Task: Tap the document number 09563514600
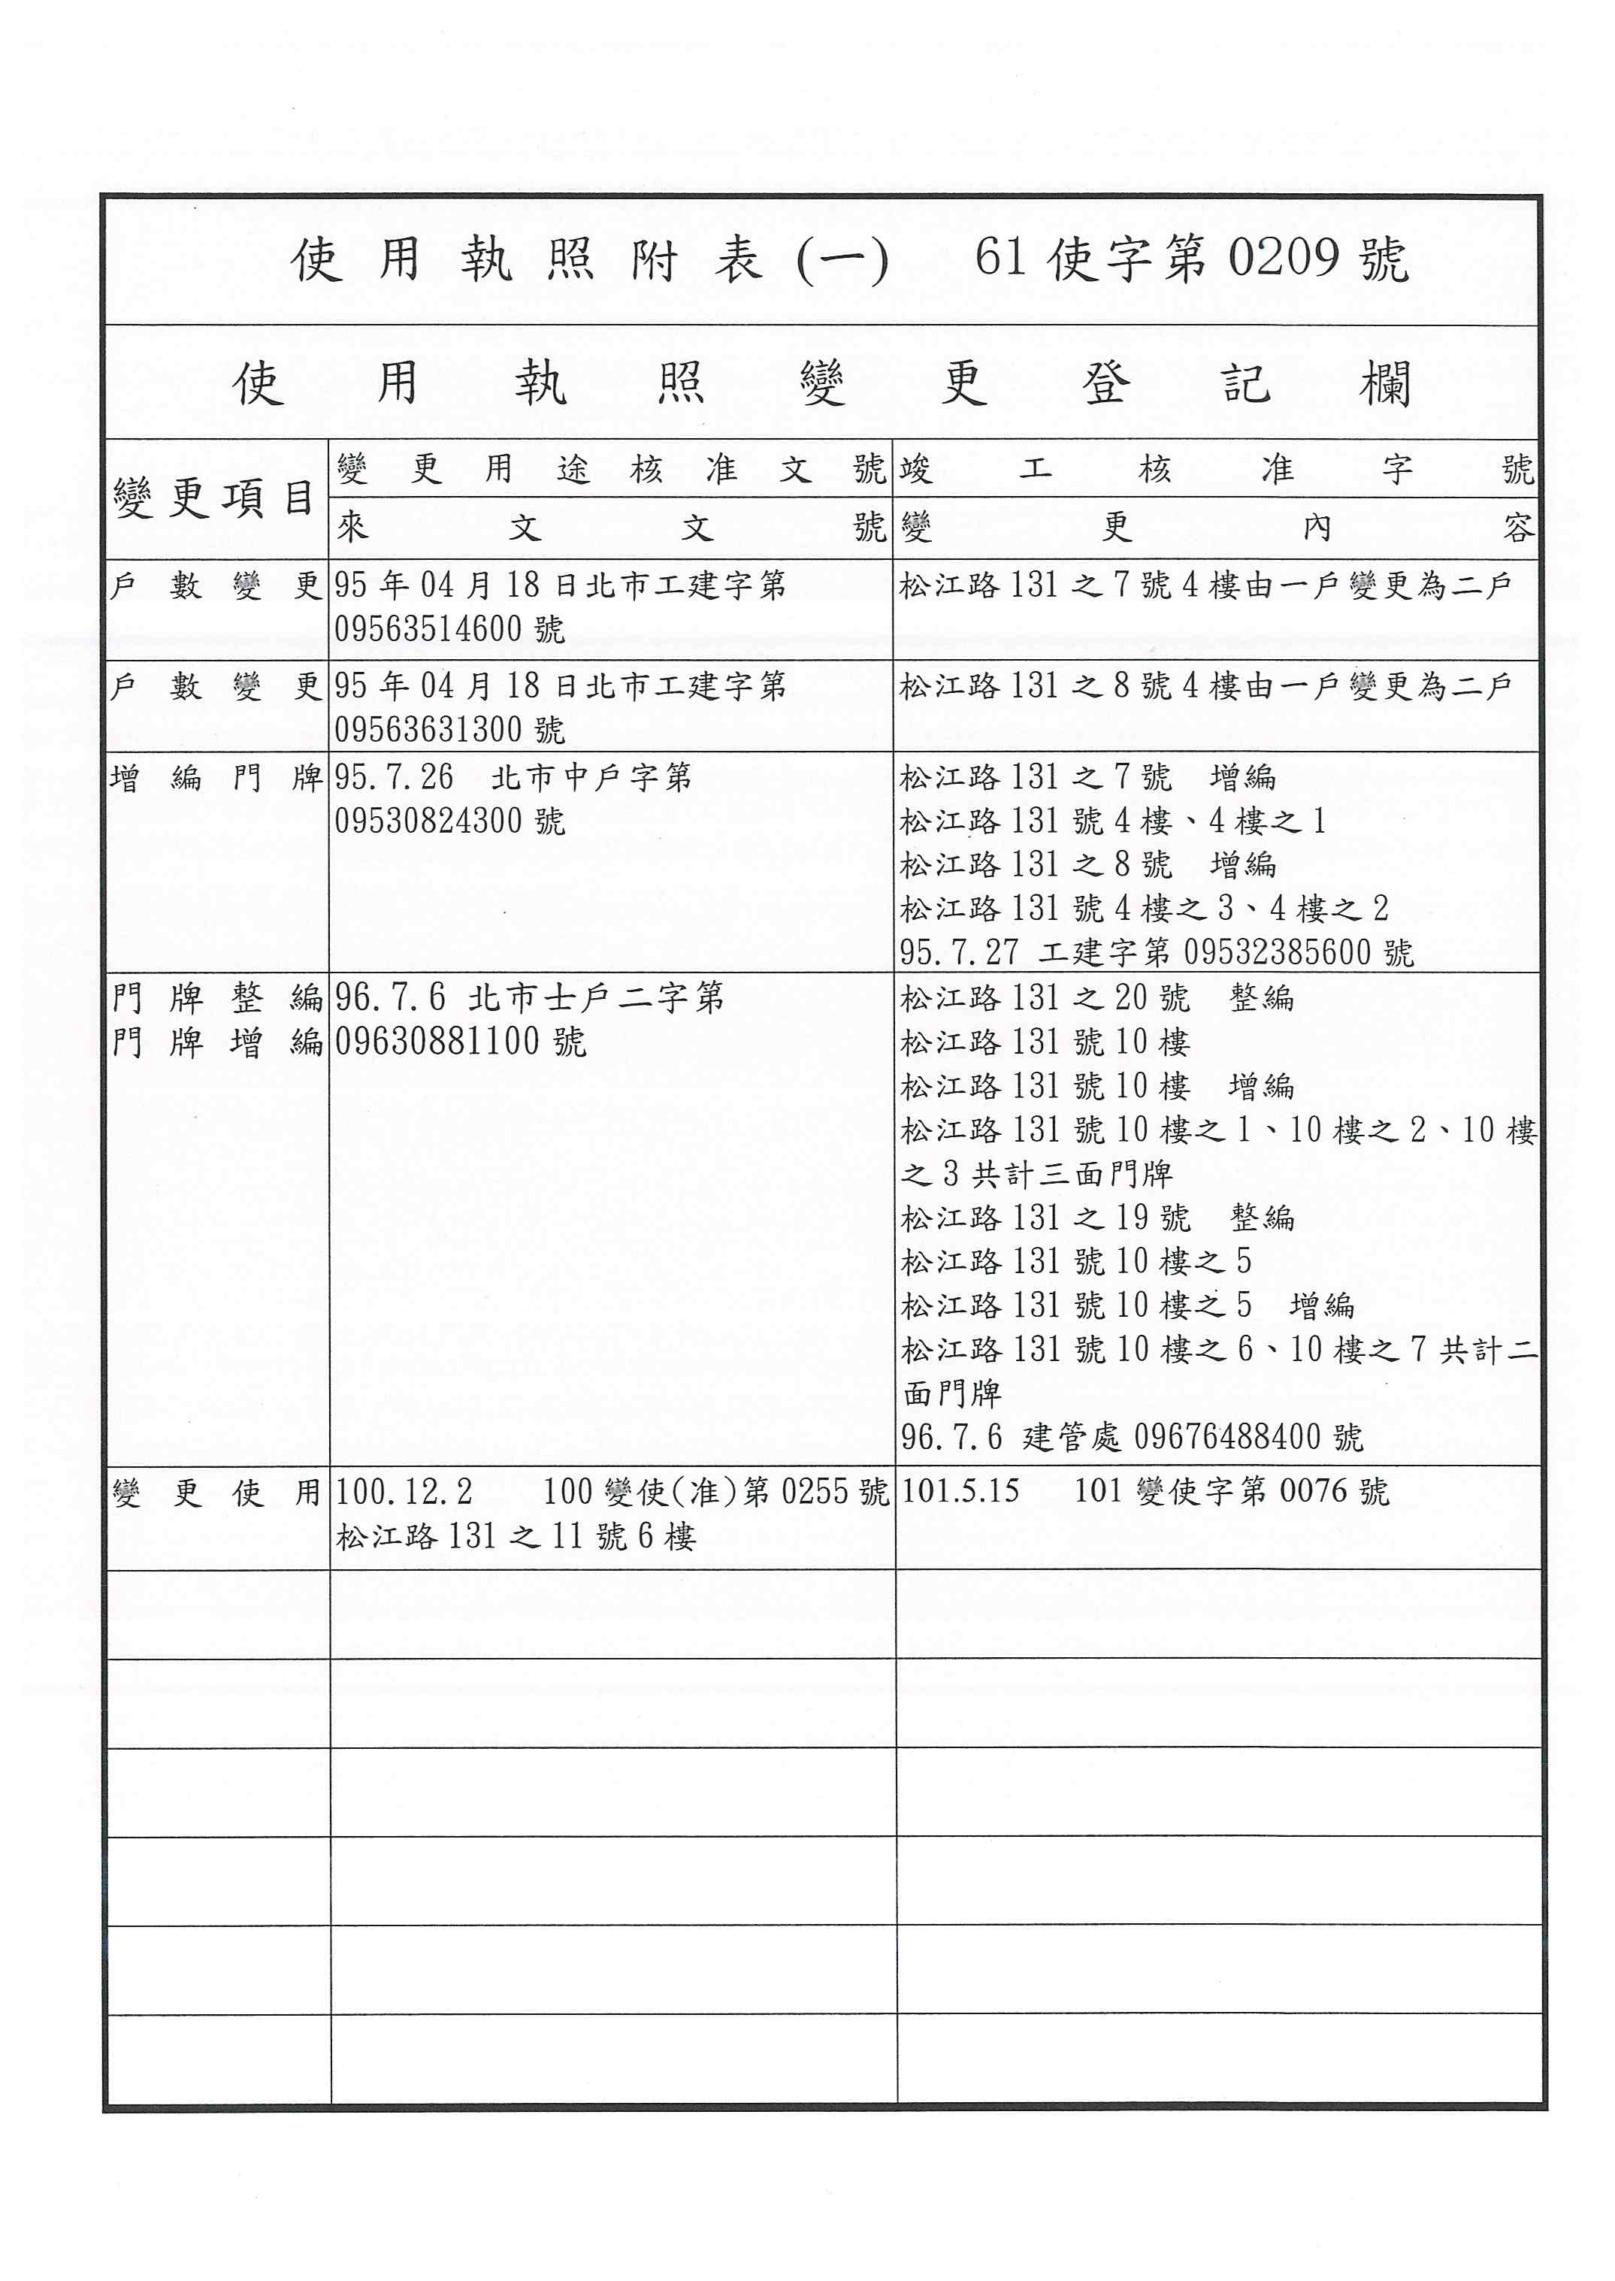[x=428, y=629]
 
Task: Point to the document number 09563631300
[x=428, y=730]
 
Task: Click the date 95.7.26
[x=394, y=776]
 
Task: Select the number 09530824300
[x=428, y=821]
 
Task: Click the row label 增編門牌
[x=216, y=778]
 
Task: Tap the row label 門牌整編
[x=216, y=997]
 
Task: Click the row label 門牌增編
[x=216, y=1042]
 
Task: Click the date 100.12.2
[x=404, y=1492]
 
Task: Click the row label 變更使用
[x=216, y=1493]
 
